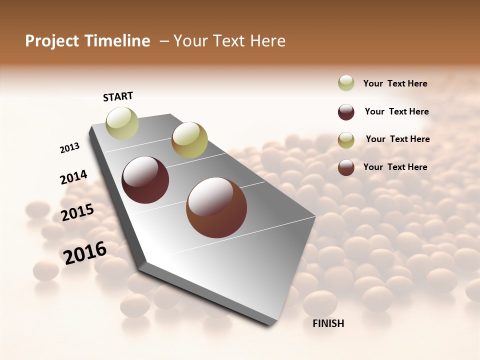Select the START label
click(x=118, y=96)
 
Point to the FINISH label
click(x=328, y=323)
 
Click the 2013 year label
click(x=70, y=148)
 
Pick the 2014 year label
click(x=73, y=177)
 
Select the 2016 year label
click(x=85, y=253)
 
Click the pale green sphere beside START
click(x=122, y=123)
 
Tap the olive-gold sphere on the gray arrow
click(x=189, y=140)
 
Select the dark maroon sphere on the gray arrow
click(x=145, y=180)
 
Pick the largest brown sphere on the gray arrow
click(x=216, y=207)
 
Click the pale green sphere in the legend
click(x=346, y=83)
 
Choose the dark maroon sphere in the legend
click(x=346, y=112)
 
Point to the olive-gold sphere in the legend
click(x=346, y=140)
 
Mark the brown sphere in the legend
click(x=346, y=167)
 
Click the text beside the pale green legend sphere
click(x=395, y=83)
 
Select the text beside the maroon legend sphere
click(x=397, y=111)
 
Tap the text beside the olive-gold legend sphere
click(x=398, y=139)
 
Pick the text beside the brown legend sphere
click(x=395, y=167)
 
